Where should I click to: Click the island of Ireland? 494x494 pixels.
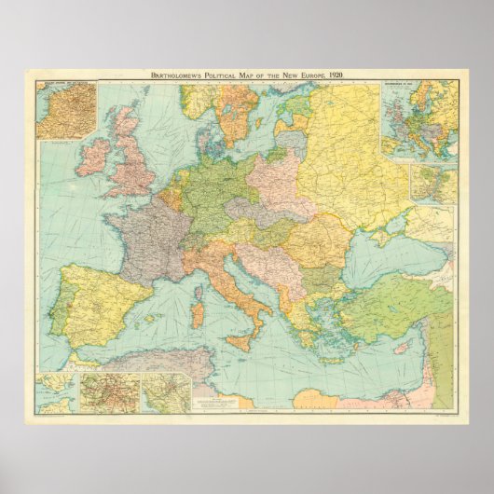pyautogui.click(x=93, y=157)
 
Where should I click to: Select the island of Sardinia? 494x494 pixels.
pyautogui.click(x=198, y=314)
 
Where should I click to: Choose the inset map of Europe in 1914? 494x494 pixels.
pyautogui.click(x=419, y=119)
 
